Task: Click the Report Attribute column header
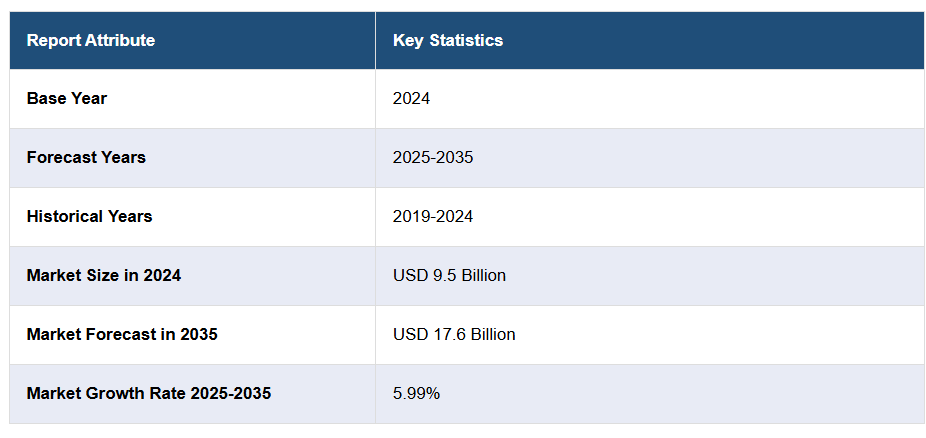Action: point(91,41)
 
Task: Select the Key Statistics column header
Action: point(448,41)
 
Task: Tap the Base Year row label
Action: point(67,99)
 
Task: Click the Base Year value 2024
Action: point(411,99)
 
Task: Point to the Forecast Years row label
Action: point(86,158)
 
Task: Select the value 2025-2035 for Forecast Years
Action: point(433,158)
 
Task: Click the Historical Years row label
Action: point(90,217)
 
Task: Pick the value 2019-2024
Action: point(433,217)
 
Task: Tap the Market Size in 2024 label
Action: point(104,276)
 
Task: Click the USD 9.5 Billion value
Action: point(449,276)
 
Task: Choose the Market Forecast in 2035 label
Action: point(122,335)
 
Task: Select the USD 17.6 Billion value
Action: point(454,335)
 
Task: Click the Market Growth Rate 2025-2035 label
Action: point(149,394)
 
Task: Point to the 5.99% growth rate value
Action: point(416,394)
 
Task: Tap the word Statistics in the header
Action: point(466,41)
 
